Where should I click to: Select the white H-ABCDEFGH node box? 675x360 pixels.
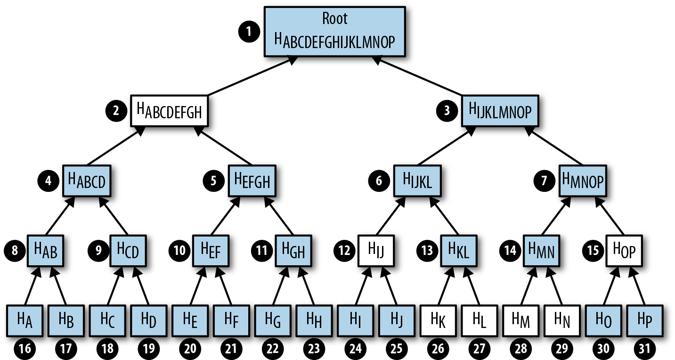[x=169, y=111]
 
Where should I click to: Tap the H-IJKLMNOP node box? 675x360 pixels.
[x=500, y=111]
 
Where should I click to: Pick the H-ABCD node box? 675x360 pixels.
[x=87, y=180]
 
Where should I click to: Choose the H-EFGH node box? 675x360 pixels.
[x=252, y=180]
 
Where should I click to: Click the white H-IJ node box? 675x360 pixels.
[x=376, y=250]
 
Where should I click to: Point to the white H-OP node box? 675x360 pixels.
[x=624, y=250]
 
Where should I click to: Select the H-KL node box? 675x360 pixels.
[x=458, y=250]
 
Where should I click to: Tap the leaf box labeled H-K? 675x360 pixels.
[x=438, y=319]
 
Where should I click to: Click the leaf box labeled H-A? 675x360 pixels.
[x=24, y=319]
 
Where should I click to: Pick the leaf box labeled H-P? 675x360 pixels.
[x=645, y=319]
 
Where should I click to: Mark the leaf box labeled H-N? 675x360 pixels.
[x=562, y=319]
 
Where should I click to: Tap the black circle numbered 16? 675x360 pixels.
[x=25, y=348]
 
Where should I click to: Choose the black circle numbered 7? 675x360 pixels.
[x=545, y=181]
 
